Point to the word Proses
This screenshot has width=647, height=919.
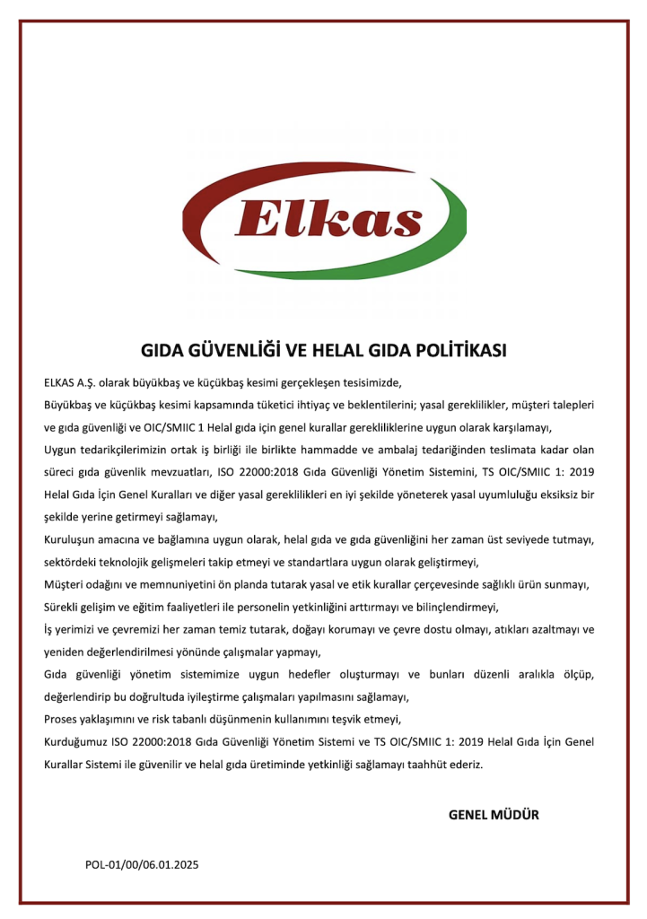pos(62,720)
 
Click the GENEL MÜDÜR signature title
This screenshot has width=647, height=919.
pos(494,815)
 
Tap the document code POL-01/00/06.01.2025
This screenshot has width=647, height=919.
pos(142,865)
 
